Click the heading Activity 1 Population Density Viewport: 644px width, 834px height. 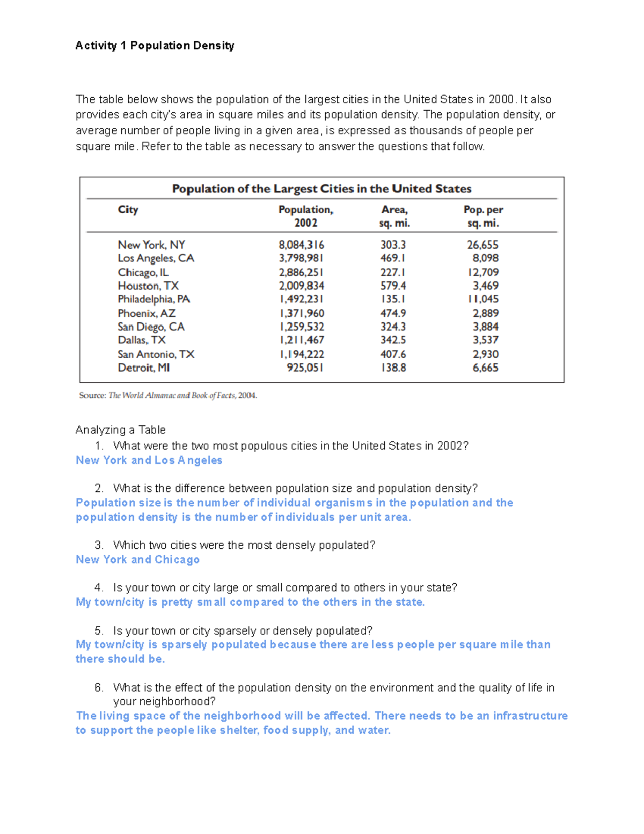point(155,46)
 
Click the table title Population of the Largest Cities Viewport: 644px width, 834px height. point(321,188)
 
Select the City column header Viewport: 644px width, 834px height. point(128,209)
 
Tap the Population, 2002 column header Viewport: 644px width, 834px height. point(305,216)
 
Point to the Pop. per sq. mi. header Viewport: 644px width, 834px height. point(483,216)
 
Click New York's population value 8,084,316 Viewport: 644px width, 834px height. point(301,245)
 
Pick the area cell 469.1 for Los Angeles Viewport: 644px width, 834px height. point(393,258)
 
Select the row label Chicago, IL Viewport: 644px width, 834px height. point(143,272)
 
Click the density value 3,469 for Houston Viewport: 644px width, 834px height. point(485,286)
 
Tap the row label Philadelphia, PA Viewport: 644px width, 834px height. point(154,299)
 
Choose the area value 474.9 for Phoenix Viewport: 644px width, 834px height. point(393,313)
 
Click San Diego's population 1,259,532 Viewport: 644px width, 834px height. point(301,327)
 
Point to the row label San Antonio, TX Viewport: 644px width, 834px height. point(156,354)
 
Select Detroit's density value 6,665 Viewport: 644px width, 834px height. point(485,368)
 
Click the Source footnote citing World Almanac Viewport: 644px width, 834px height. point(168,396)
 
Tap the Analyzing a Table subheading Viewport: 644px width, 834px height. point(120,430)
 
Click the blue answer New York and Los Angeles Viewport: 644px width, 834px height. point(149,460)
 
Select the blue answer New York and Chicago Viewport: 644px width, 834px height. point(137,560)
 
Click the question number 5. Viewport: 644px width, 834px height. point(98,630)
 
